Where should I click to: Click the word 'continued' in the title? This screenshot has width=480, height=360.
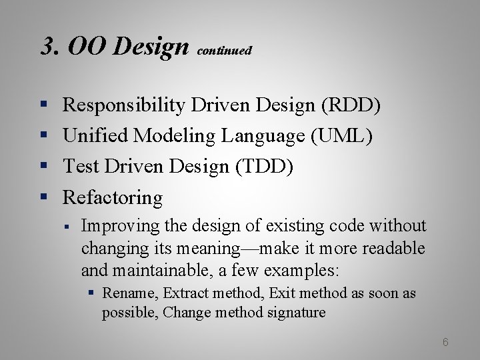pos(225,51)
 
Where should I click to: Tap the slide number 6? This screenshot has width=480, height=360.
pos(445,342)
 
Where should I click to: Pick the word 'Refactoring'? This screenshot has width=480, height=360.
pos(112,197)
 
